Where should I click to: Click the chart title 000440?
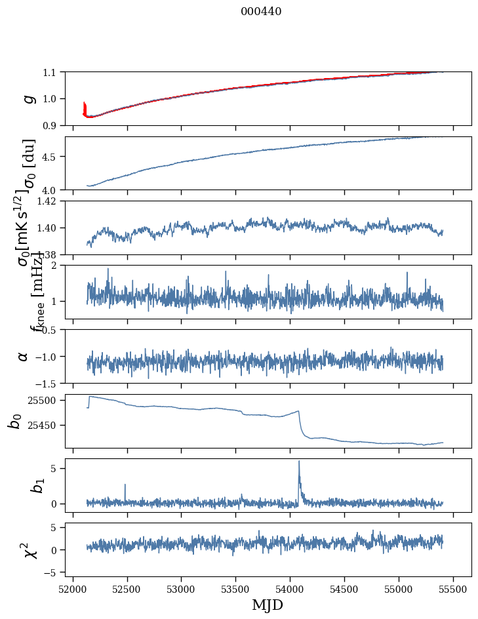point(261,11)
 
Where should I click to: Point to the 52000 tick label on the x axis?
point(73,588)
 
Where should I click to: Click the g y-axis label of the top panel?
point(28,98)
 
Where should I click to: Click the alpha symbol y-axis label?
point(23,356)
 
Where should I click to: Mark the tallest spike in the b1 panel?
point(299,462)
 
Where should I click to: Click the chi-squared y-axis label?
point(28,550)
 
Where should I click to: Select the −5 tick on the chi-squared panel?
point(51,572)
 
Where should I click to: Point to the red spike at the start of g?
point(85,105)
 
